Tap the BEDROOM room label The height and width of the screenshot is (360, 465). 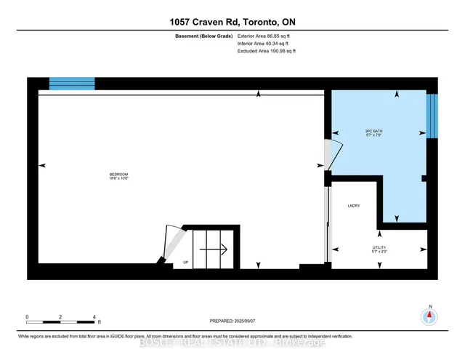pyautogui.click(x=118, y=174)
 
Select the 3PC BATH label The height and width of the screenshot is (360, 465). pyautogui.click(x=373, y=131)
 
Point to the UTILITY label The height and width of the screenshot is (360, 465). pyautogui.click(x=379, y=248)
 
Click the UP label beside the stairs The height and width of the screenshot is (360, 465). pyautogui.click(x=186, y=262)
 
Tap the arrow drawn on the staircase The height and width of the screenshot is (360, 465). pyautogui.click(x=214, y=248)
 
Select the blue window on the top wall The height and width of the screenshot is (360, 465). pyautogui.click(x=71, y=83)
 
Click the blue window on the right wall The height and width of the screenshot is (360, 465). pyautogui.click(x=432, y=115)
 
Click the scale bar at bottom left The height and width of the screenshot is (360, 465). pyautogui.click(x=61, y=321)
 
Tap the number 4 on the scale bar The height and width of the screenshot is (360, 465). pyautogui.click(x=94, y=316)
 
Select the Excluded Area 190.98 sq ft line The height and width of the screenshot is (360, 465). pyautogui.click(x=267, y=52)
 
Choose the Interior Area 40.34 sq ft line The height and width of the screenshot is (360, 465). pyautogui.click(x=264, y=44)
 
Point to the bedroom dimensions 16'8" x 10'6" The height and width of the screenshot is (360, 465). pyautogui.click(x=118, y=179)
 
